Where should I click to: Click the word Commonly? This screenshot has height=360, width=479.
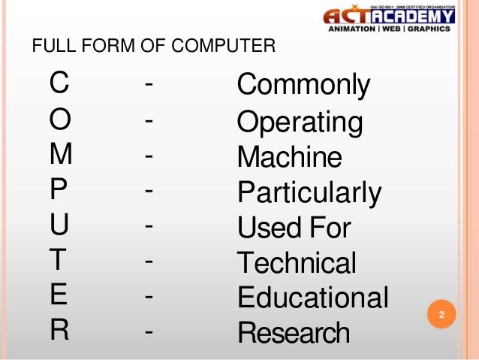tap(303, 86)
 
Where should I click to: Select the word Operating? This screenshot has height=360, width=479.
tap(300, 122)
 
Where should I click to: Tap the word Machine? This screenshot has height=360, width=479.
tap(289, 157)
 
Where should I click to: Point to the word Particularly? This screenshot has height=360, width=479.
tap(309, 193)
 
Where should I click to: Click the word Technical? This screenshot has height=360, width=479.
tap(297, 263)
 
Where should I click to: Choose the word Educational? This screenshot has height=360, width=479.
tap(313, 298)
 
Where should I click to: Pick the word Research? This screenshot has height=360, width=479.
tap(294, 332)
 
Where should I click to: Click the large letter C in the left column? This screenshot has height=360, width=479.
tap(59, 83)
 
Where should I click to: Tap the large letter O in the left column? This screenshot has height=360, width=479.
tap(60, 119)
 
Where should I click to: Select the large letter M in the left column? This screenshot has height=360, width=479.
tap(61, 154)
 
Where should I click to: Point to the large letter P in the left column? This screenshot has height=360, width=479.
tap(59, 189)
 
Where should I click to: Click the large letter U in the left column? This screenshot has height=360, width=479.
tap(59, 225)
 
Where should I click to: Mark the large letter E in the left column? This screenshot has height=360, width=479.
tap(59, 295)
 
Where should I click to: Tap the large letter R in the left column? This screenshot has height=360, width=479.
tap(59, 331)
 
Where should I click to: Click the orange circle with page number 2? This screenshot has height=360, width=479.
tap(441, 315)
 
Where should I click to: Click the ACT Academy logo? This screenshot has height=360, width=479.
tap(387, 19)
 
